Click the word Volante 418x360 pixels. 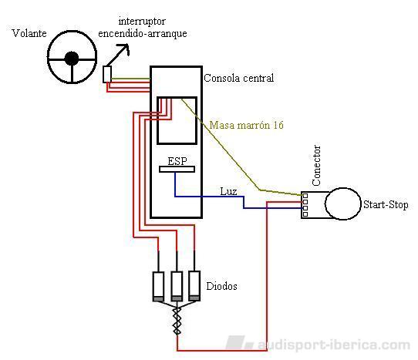pyautogui.click(x=29, y=33)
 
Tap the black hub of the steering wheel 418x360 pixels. pyautogui.click(x=72, y=59)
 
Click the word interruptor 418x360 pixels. pyautogui.click(x=142, y=22)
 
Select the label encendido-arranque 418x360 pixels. pyautogui.click(x=143, y=34)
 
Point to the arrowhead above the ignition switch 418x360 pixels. pyautogui.click(x=125, y=49)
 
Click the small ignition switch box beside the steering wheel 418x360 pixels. pyautogui.click(x=107, y=74)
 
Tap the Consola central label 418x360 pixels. pyautogui.click(x=239, y=78)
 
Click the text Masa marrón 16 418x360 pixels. pyautogui.click(x=246, y=125)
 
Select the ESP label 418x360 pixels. pyautogui.click(x=177, y=161)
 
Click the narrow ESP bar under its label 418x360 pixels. pyautogui.click(x=177, y=170)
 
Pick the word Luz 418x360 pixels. pyautogui.click(x=228, y=191)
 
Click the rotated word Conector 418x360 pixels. pyautogui.click(x=316, y=166)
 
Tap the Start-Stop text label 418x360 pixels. pyautogui.click(x=386, y=204)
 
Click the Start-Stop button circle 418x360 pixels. pyautogui.click(x=343, y=204)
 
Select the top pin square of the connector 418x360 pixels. pyautogui.click(x=305, y=196)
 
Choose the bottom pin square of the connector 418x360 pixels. pyautogui.click(x=305, y=214)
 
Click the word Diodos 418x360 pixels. pyautogui.click(x=222, y=286)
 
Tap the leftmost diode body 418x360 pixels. pyautogui.click(x=158, y=287)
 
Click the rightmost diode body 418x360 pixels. pyautogui.click(x=194, y=286)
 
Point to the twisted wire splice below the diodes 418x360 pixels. pyautogui.click(x=177, y=321)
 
